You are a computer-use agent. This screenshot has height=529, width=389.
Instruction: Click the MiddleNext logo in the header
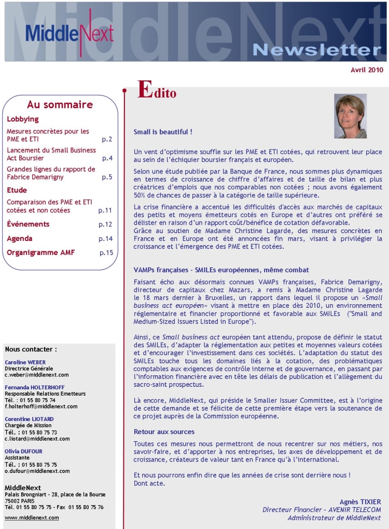coord(69,32)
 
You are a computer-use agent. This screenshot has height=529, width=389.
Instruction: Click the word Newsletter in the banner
coord(317,50)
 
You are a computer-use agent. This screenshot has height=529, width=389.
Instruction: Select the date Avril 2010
coord(367,70)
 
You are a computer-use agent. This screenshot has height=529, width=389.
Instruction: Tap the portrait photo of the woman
coord(350,116)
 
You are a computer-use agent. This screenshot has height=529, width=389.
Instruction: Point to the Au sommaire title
coord(60,105)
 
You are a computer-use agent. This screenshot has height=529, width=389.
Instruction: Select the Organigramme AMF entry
coord(41,253)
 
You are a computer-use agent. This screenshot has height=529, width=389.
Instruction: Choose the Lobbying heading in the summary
coord(23,119)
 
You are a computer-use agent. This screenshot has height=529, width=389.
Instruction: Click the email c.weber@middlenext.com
coord(37,375)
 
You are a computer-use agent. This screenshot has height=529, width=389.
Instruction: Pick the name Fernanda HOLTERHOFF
coord(34,387)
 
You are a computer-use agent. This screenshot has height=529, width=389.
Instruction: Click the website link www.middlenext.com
coord(32,518)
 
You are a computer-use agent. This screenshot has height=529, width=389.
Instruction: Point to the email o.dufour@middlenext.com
coord(37,471)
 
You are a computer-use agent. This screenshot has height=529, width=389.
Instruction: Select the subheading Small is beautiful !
coord(163,132)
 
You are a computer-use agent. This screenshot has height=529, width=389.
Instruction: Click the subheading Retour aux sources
coord(164,432)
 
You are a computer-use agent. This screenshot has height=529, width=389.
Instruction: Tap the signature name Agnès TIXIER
coord(360,501)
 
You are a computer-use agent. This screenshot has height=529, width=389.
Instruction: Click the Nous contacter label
coord(31,349)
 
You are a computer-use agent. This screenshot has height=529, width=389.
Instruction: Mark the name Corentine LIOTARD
coord(30,419)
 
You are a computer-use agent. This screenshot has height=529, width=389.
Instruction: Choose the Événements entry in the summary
coord(28,224)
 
